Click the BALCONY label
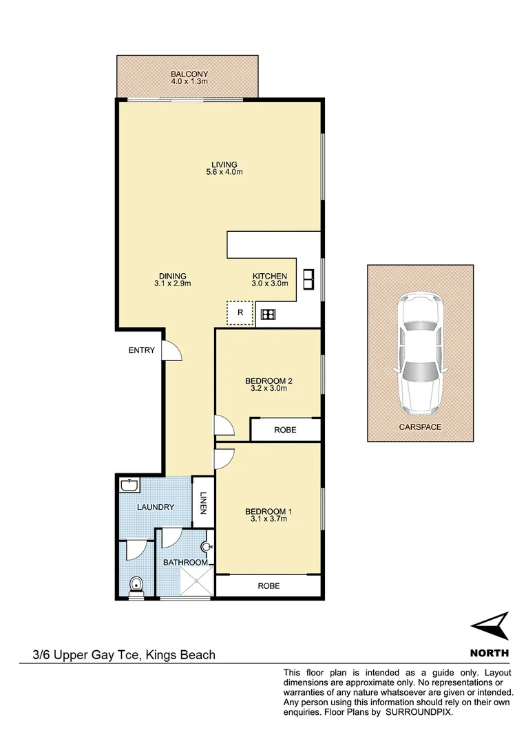(189, 74)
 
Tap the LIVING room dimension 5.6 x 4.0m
(224, 172)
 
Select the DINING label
(171, 277)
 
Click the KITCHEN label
(269, 277)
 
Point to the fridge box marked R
(240, 313)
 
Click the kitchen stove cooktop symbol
(268, 315)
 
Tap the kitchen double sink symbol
(308, 278)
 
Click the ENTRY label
(142, 350)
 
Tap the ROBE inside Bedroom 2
(285, 430)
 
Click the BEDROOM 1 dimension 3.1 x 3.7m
(269, 519)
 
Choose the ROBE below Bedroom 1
(269, 586)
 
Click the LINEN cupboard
(203, 503)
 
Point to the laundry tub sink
(129, 486)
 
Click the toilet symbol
(137, 585)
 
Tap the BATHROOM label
(185, 563)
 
